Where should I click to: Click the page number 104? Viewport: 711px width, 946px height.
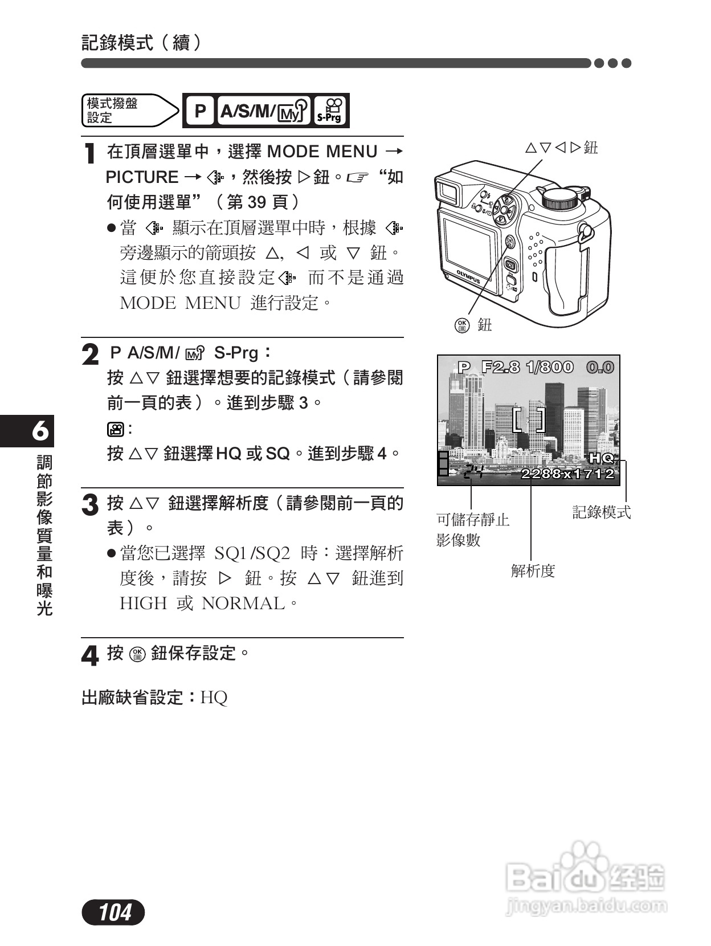[114, 912]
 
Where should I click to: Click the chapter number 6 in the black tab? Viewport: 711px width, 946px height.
[40, 431]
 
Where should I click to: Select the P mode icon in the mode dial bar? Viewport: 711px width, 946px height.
[200, 111]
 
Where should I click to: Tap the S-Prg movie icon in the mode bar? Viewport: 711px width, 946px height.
[330, 111]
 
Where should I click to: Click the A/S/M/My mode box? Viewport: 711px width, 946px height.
[264, 111]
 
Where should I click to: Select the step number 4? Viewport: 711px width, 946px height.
[90, 656]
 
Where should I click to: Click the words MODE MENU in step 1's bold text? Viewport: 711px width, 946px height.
[322, 152]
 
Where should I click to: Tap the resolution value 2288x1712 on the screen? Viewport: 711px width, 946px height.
[568, 474]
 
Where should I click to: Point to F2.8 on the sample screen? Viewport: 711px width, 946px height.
[501, 367]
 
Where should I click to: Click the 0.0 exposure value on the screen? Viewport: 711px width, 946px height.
[600, 367]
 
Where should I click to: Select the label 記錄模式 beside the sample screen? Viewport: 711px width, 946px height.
[602, 512]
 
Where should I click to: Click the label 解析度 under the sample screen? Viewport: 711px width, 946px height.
[533, 570]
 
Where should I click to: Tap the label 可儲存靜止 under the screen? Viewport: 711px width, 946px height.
[473, 520]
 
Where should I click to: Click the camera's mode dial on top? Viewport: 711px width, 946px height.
[561, 198]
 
